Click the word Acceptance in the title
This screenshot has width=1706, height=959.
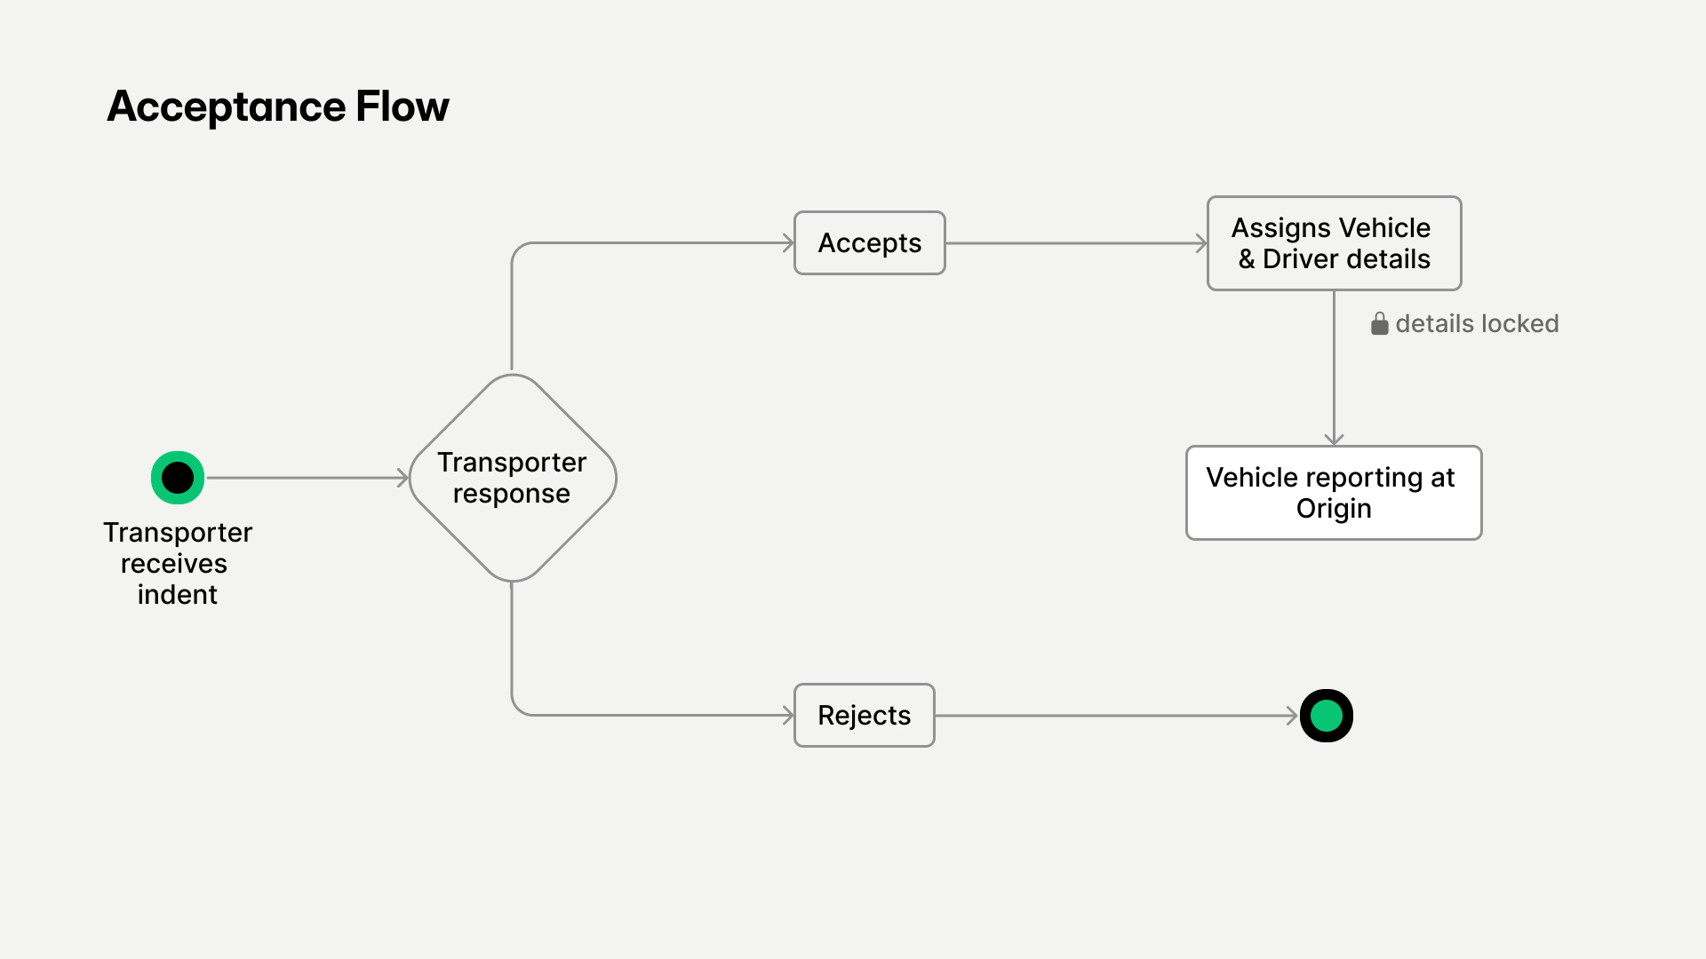[226, 107]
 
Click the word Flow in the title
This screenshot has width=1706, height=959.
[402, 107]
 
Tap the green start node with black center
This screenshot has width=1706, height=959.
[178, 478]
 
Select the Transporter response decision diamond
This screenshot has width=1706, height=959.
[512, 478]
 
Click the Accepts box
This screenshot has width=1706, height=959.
[869, 243]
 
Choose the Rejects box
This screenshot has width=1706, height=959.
[864, 716]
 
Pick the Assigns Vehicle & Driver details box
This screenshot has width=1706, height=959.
[1334, 243]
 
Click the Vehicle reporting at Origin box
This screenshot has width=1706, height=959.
[1334, 493]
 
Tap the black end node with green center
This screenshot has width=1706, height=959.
[1326, 716]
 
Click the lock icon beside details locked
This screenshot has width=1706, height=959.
[1379, 324]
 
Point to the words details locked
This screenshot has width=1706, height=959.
[1477, 324]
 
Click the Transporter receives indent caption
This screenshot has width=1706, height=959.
[178, 563]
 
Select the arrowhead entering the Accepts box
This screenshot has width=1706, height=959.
[788, 243]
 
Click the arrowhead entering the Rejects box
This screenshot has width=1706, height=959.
[788, 716]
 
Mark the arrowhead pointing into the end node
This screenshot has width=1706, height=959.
[1293, 716]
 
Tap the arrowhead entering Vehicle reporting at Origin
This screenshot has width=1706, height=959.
[1334, 439]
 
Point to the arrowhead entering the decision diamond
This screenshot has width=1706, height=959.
[403, 478]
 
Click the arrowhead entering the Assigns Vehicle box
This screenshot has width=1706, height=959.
[1201, 243]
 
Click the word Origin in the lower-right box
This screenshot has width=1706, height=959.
[1334, 509]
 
